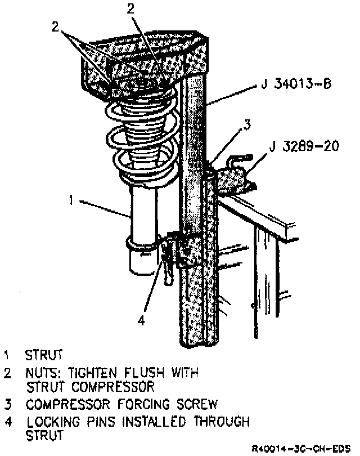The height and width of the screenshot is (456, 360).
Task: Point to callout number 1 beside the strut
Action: (71, 199)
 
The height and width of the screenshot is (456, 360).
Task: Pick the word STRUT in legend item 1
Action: (43, 355)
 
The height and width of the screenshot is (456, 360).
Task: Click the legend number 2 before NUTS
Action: (8, 373)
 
